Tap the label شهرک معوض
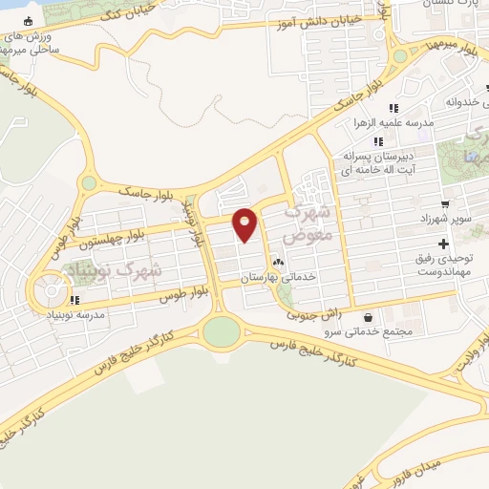point(308,222)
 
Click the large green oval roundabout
point(222,331)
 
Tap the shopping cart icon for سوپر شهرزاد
point(445,203)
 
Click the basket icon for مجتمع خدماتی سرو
point(369,316)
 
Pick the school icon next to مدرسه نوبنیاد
point(75,300)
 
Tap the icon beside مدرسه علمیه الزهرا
point(393,107)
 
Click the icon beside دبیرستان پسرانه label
point(379,141)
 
